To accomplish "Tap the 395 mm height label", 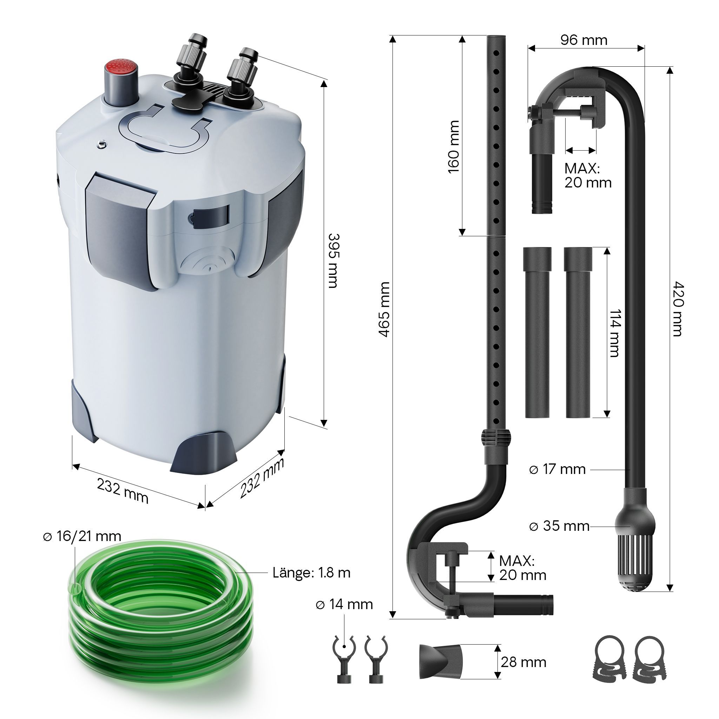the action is (334, 260).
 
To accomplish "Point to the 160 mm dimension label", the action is (454, 147).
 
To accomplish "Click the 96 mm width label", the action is (583, 40).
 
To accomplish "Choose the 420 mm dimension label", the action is (678, 309).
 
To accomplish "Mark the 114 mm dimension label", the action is (615, 333).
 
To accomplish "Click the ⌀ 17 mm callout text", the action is (557, 469).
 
